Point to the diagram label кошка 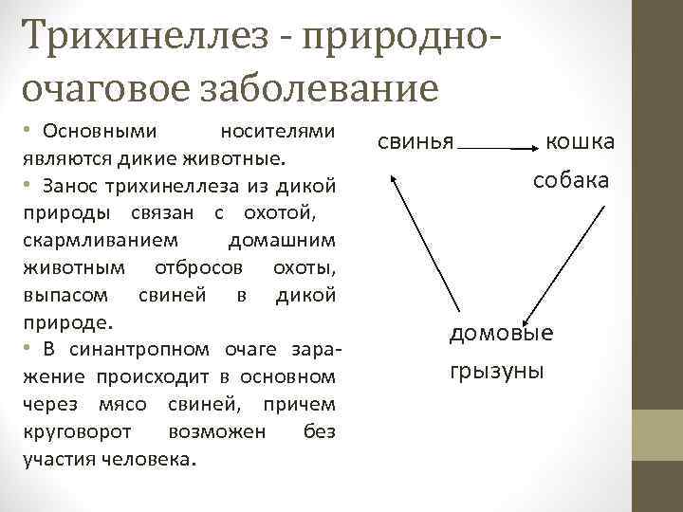click(580, 141)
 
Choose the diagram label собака click(571, 179)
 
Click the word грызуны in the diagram click(496, 369)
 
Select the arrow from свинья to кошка click(498, 148)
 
